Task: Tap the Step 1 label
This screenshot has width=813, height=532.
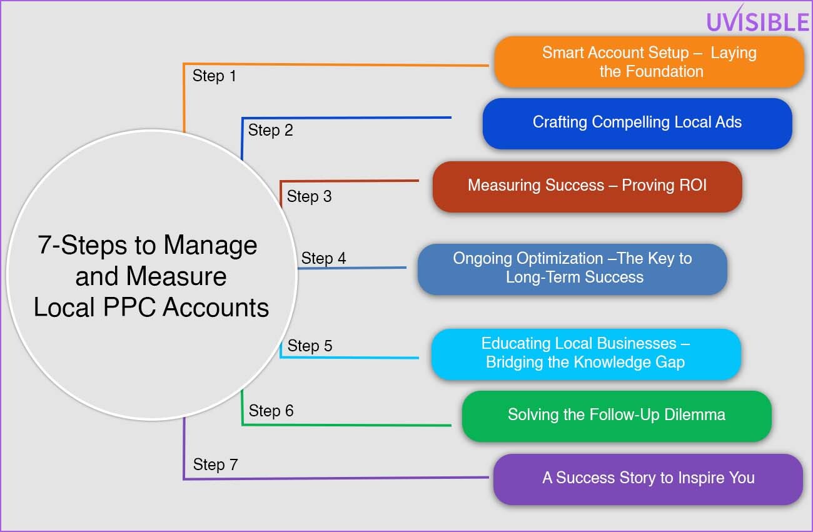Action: pos(214,76)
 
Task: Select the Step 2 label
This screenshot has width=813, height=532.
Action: pos(270,131)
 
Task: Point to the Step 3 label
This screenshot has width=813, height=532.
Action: pos(309,197)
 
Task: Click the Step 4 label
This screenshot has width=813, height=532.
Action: pos(323,258)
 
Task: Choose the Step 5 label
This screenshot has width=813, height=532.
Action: pos(310,346)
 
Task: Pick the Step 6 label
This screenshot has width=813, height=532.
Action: pos(271,411)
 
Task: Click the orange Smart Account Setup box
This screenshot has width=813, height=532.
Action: pos(649,62)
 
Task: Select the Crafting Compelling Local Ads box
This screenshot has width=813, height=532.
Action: pos(637,123)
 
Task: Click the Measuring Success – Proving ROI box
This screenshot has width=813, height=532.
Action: pos(587,187)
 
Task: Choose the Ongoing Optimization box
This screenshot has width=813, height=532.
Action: pos(572,269)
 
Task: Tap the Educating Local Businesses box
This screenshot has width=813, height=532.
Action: pos(586,354)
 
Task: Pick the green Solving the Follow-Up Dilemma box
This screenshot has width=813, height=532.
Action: pos(617,416)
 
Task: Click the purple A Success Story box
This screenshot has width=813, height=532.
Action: pos(649,479)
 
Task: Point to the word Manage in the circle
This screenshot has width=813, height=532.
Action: pos(210,246)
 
